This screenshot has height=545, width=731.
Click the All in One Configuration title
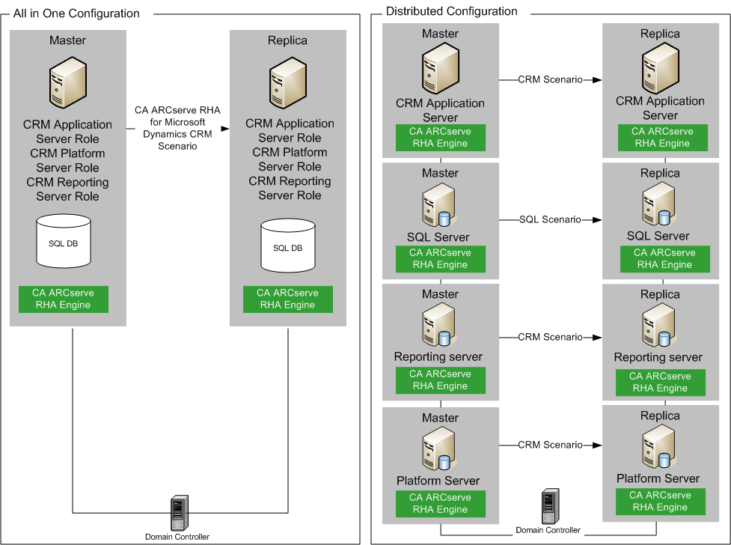(76, 13)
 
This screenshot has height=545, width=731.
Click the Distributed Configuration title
(451, 11)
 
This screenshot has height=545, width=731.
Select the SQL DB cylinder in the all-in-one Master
(63, 240)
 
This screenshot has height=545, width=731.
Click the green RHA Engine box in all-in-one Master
(64, 299)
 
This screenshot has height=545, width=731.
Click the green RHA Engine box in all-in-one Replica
(287, 299)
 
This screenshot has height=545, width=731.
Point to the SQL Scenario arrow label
(550, 219)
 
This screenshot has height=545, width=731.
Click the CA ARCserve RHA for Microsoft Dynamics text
(177, 129)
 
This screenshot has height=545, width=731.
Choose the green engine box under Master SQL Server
(441, 259)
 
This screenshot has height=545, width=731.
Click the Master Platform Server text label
(438, 481)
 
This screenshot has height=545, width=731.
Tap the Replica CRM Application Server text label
(660, 109)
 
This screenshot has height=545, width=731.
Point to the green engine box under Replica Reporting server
(660, 382)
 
